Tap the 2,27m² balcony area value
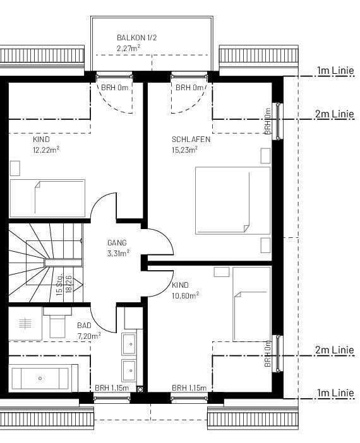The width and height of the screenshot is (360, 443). click(128, 48)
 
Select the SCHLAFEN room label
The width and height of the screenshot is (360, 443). click(191, 139)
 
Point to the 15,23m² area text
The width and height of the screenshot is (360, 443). click(184, 150)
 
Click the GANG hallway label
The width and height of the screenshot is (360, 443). click(117, 242)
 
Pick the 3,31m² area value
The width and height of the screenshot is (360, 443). click(119, 253)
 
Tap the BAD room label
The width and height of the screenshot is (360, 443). click(84, 326)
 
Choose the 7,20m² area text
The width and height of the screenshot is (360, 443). click(89, 336)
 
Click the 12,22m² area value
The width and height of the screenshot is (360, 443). click(46, 150)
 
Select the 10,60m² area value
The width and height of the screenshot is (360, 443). click(186, 295)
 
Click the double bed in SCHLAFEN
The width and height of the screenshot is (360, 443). click(232, 200)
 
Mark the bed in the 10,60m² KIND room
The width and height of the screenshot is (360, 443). click(252, 303)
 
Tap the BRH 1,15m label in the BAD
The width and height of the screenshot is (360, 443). click(112, 387)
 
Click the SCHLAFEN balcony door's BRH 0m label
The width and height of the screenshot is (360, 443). click(189, 88)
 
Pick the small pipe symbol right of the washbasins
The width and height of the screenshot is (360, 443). click(140, 389)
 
